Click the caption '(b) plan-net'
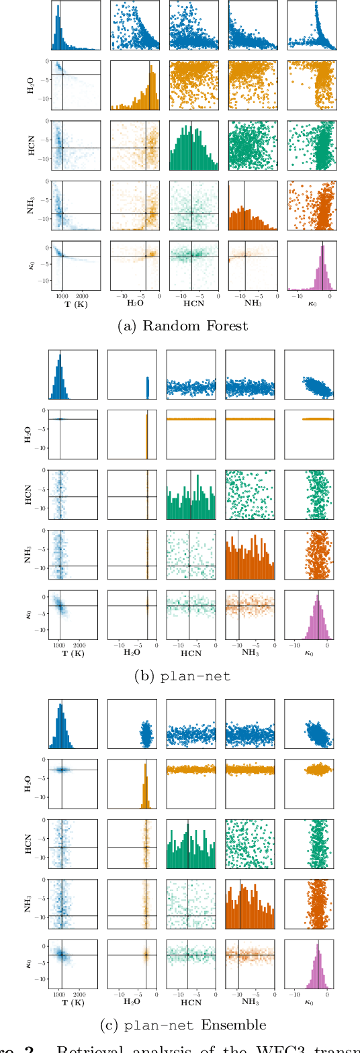[180, 676]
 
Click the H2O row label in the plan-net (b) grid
[31, 435]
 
